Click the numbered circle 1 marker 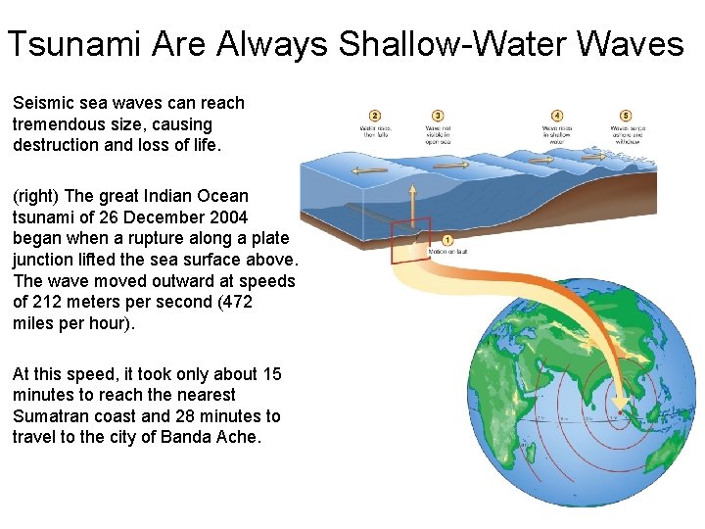447,240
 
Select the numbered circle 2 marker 375,116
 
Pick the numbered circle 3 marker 438,116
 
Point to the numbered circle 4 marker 557,116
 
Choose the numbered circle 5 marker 626,116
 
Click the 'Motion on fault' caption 447,252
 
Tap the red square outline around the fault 411,242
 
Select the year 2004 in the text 226,217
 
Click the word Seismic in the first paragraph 42,103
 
